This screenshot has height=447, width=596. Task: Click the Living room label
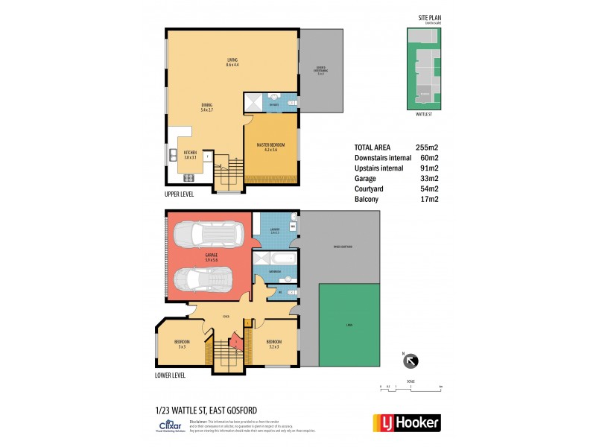(232, 63)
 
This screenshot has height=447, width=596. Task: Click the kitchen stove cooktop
(188, 177)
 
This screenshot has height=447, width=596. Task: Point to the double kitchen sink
(171, 156)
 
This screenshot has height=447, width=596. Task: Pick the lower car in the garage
(203, 281)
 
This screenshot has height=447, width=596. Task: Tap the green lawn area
(349, 326)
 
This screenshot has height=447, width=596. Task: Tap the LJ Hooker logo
(405, 422)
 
